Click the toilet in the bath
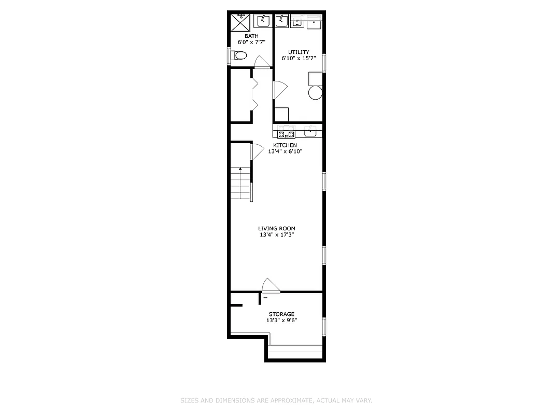[240, 55]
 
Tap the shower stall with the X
[241, 22]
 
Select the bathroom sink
[264, 20]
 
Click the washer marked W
[297, 21]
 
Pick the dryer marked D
[314, 22]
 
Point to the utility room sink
[281, 20]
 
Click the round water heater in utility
[315, 93]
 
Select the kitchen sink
[310, 131]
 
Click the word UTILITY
[299, 52]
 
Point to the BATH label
[251, 36]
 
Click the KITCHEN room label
[285, 145]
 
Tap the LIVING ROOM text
[277, 228]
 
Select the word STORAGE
[281, 314]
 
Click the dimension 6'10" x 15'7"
[299, 59]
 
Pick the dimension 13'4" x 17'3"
[277, 235]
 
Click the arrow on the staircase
[240, 169]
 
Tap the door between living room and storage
[271, 287]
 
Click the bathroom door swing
[262, 62]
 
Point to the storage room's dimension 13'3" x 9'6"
[281, 321]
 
